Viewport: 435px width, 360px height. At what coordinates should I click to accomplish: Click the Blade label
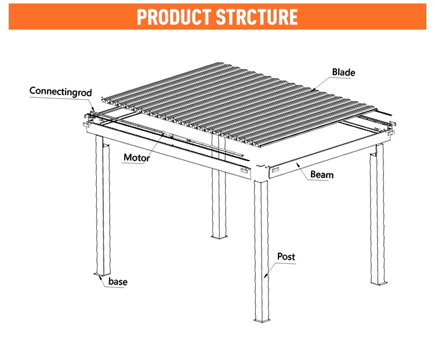click(x=343, y=72)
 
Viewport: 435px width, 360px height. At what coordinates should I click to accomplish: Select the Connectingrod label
click(x=60, y=92)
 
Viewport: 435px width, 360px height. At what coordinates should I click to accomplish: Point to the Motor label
click(x=137, y=158)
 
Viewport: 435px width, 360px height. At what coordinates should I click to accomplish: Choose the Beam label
click(x=322, y=174)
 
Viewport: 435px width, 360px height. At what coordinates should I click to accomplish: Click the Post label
click(x=287, y=256)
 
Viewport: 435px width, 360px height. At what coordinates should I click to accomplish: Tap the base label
click(x=118, y=282)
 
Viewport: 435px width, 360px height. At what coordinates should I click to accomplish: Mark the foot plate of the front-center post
click(x=262, y=319)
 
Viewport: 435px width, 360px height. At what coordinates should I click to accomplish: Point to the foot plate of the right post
click(x=378, y=282)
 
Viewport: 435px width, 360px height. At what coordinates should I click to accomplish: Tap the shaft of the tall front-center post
click(x=261, y=249)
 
